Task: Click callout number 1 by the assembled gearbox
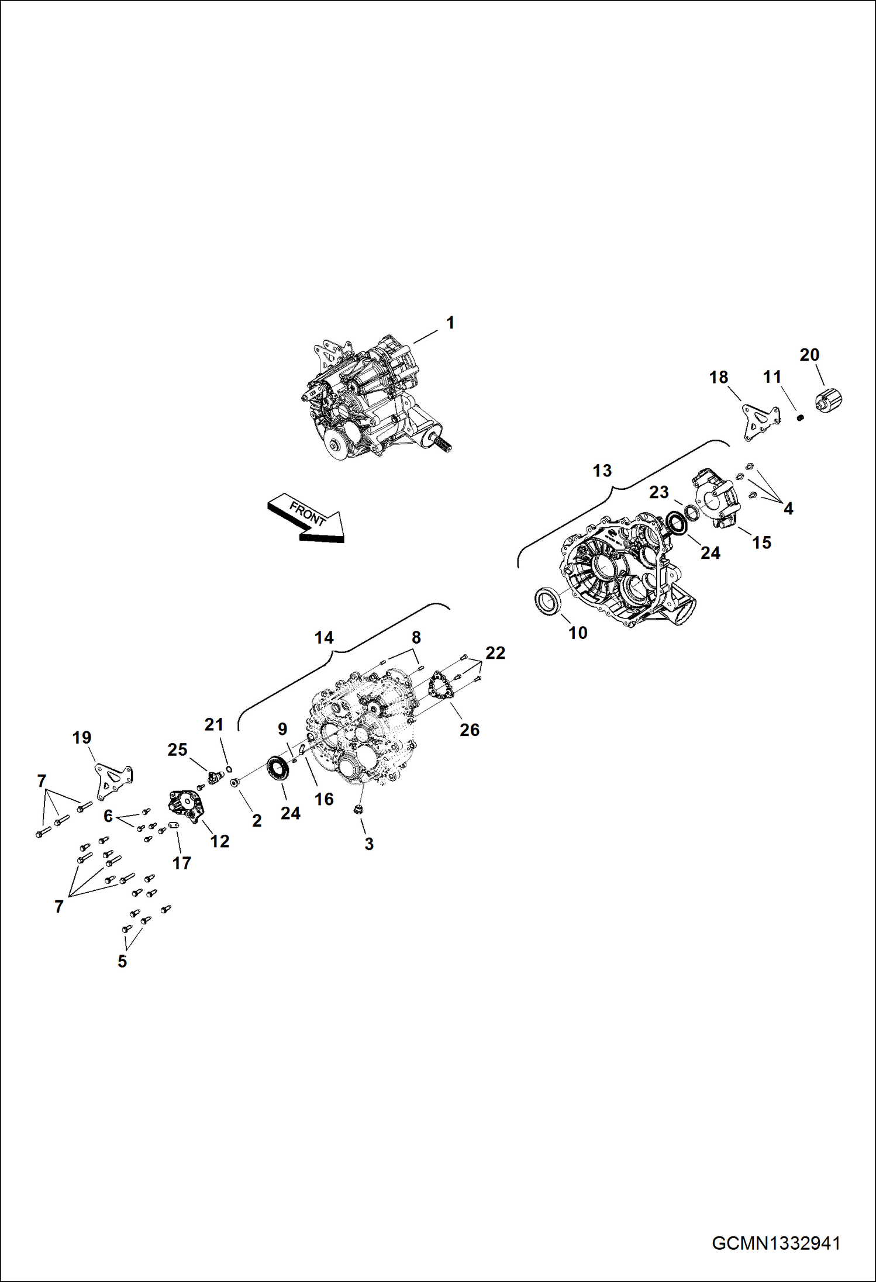450,323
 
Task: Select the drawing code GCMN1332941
776,1243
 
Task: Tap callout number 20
809,355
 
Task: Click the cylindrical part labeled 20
828,401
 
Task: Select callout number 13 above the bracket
602,471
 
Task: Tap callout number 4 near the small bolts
788,509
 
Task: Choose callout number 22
495,652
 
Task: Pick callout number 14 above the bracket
324,637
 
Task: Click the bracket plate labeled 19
113,780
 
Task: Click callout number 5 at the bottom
122,961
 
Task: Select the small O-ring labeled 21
229,768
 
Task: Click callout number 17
181,863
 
